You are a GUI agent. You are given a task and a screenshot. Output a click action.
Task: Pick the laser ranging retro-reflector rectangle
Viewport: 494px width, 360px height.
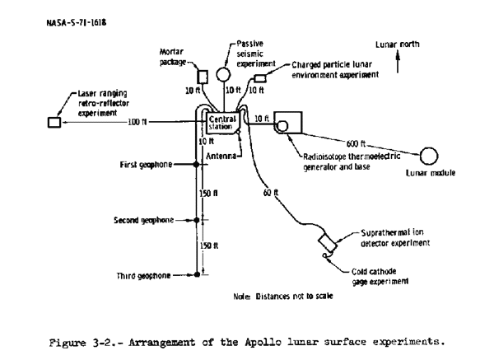(x=54, y=122)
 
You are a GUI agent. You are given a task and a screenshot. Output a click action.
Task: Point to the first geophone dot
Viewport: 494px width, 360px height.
(x=196, y=165)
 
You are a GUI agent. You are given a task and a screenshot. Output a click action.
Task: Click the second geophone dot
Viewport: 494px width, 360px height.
(x=196, y=221)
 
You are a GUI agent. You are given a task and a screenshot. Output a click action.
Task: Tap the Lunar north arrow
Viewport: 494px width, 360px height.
(x=398, y=62)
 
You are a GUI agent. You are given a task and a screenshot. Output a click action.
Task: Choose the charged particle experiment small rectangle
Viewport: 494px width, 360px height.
(x=260, y=78)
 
